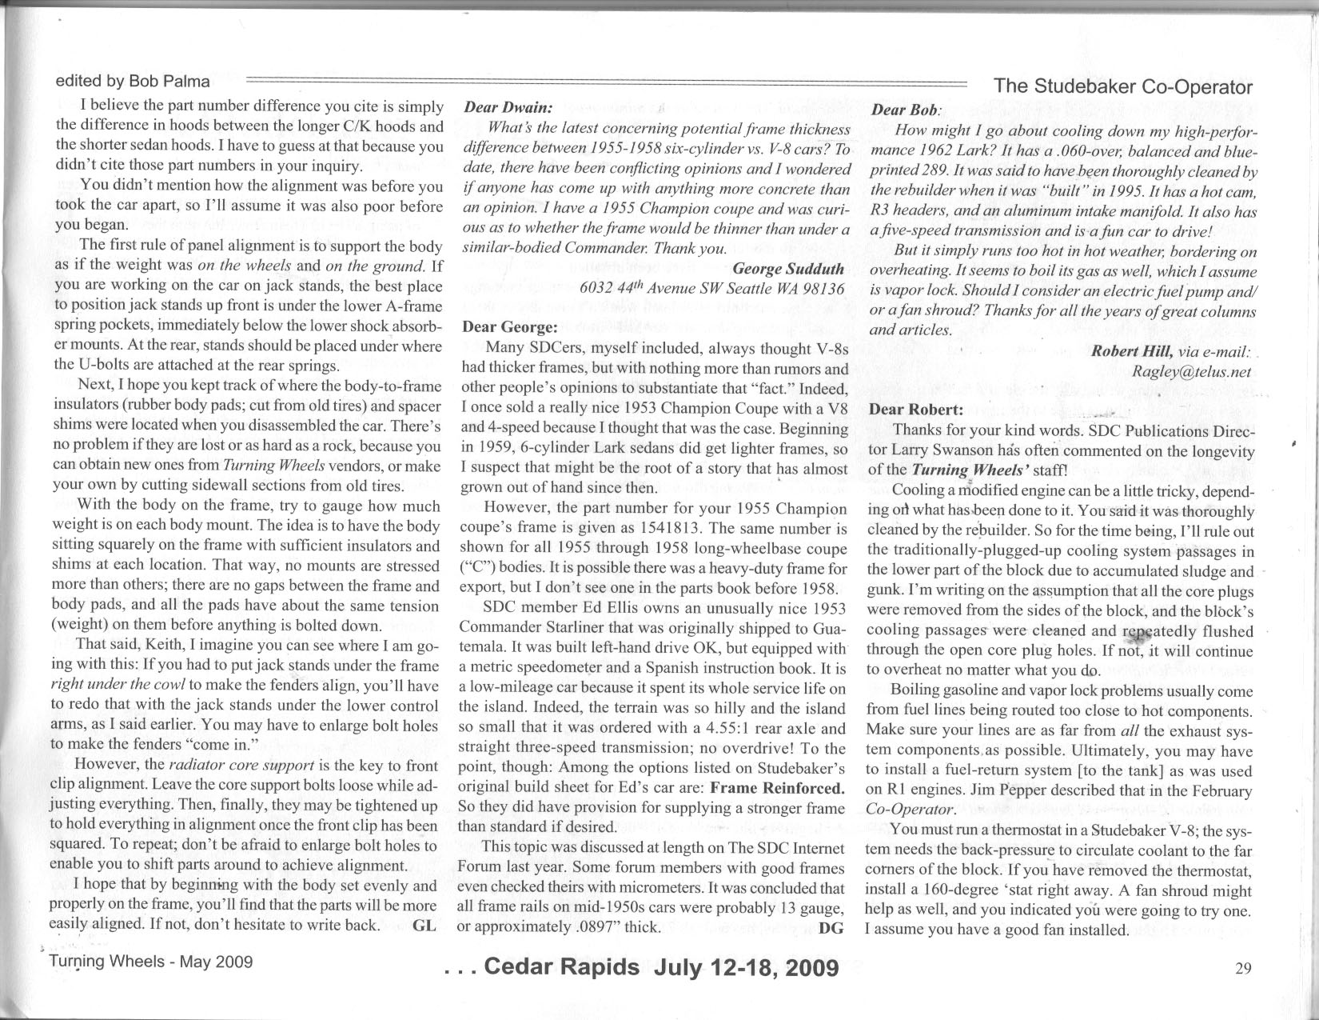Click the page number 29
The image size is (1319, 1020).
click(x=1242, y=969)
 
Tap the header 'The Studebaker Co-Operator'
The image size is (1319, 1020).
click(x=1122, y=87)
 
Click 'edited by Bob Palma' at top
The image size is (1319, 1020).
click(x=133, y=81)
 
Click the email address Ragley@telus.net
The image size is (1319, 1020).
click(x=1191, y=371)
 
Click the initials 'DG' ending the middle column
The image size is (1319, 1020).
click(x=832, y=928)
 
